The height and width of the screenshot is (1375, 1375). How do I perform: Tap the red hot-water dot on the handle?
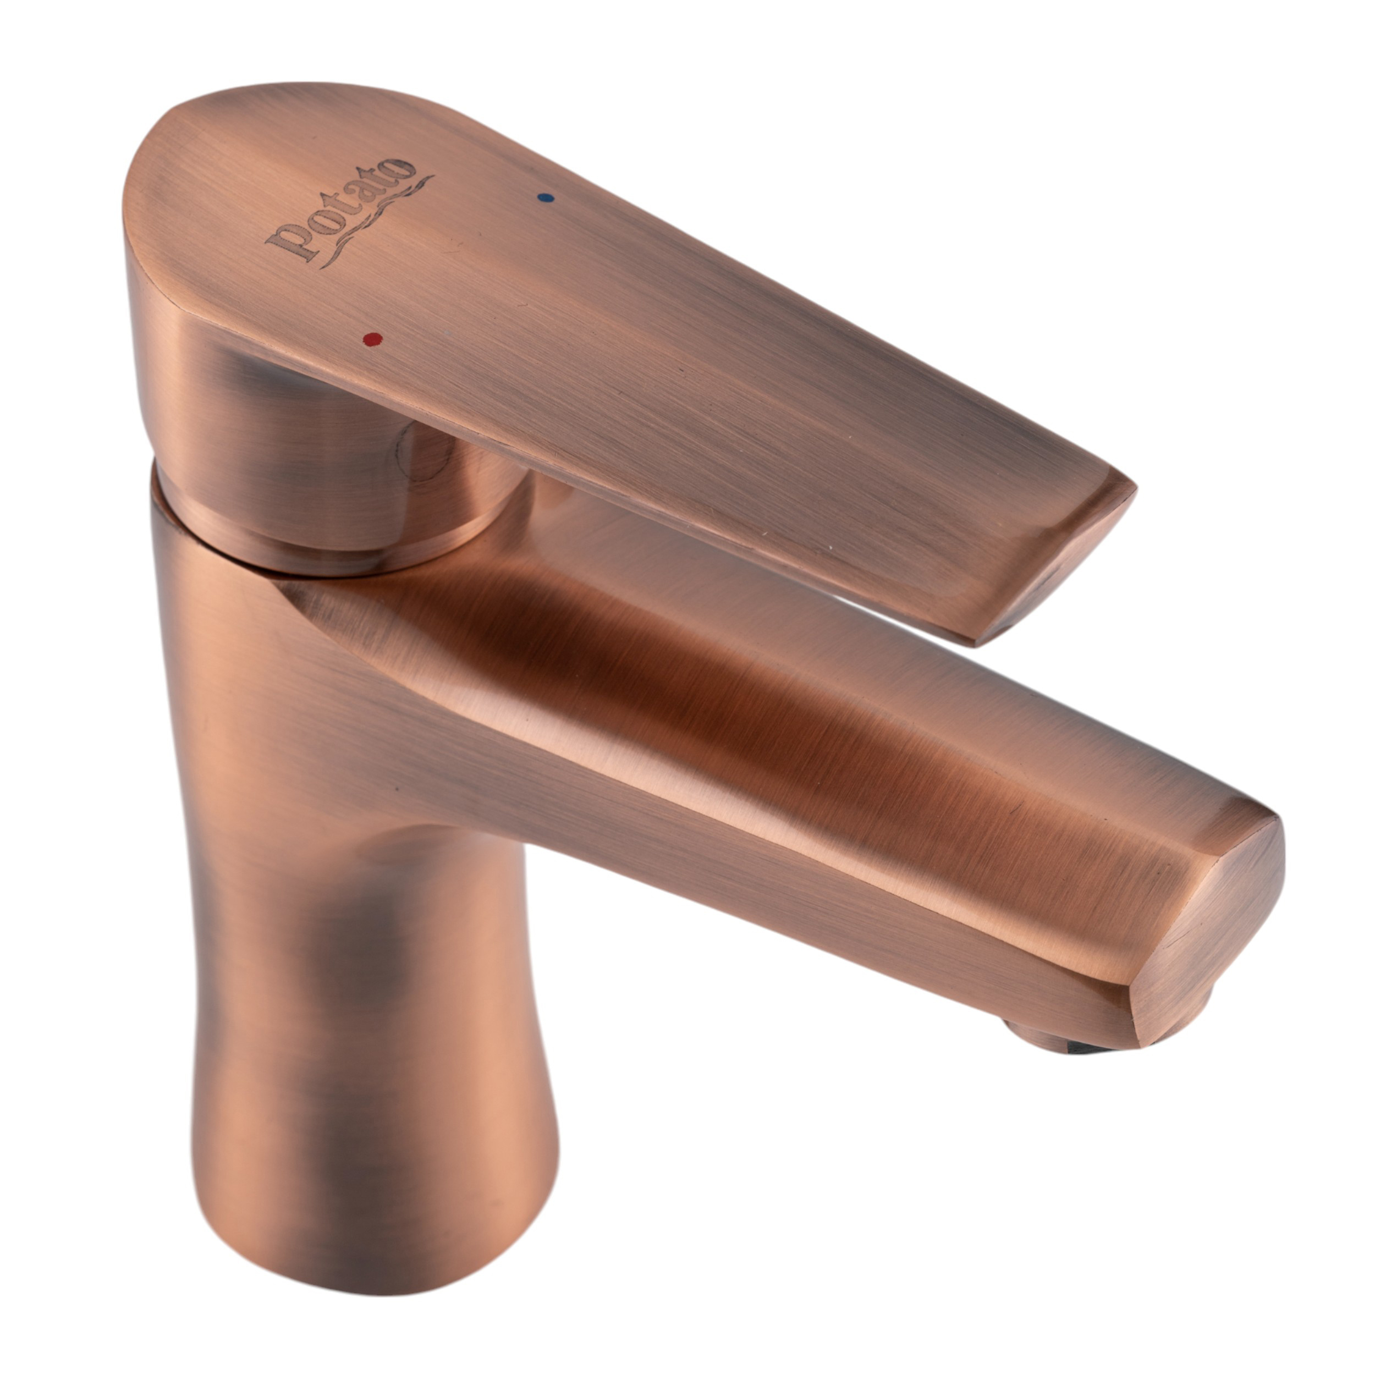[372, 339]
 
